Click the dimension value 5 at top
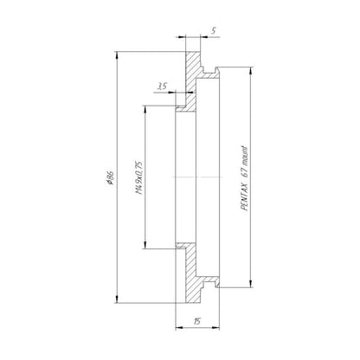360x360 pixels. click(213, 30)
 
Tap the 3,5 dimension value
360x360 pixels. click(162, 86)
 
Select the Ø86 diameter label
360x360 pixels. click(110, 177)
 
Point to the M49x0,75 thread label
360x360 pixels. click(139, 177)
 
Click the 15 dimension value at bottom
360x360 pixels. click(197, 321)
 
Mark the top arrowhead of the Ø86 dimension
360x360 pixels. click(117, 55)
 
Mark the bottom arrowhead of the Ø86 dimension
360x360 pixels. click(117, 299)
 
